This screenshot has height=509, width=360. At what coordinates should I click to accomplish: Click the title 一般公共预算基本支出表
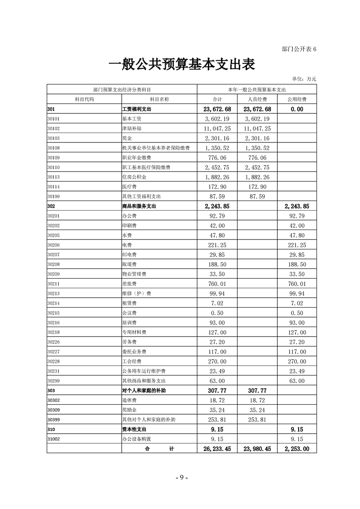pos(181,65)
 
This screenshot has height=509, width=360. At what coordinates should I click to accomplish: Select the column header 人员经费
pos(257,99)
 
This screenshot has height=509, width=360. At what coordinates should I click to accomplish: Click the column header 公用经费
pos(297,99)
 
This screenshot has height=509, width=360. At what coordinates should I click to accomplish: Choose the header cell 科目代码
pos(84,99)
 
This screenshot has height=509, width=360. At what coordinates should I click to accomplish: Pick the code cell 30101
pos(54,119)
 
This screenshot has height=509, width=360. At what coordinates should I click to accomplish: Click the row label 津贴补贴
pos(132,128)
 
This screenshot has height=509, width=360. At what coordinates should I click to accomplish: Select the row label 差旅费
pos(129,284)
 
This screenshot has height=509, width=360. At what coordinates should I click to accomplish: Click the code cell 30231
pos(54,371)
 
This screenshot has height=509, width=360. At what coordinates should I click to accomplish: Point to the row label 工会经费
pos(132,362)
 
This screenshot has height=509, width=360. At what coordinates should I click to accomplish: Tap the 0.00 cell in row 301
pos(297,109)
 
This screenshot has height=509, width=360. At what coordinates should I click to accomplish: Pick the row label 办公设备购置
pos(137,439)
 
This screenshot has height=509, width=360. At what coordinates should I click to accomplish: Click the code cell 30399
pos(54,420)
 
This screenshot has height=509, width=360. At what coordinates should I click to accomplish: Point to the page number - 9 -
pos(181,478)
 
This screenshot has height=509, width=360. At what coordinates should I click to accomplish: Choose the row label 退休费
pos(129,400)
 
